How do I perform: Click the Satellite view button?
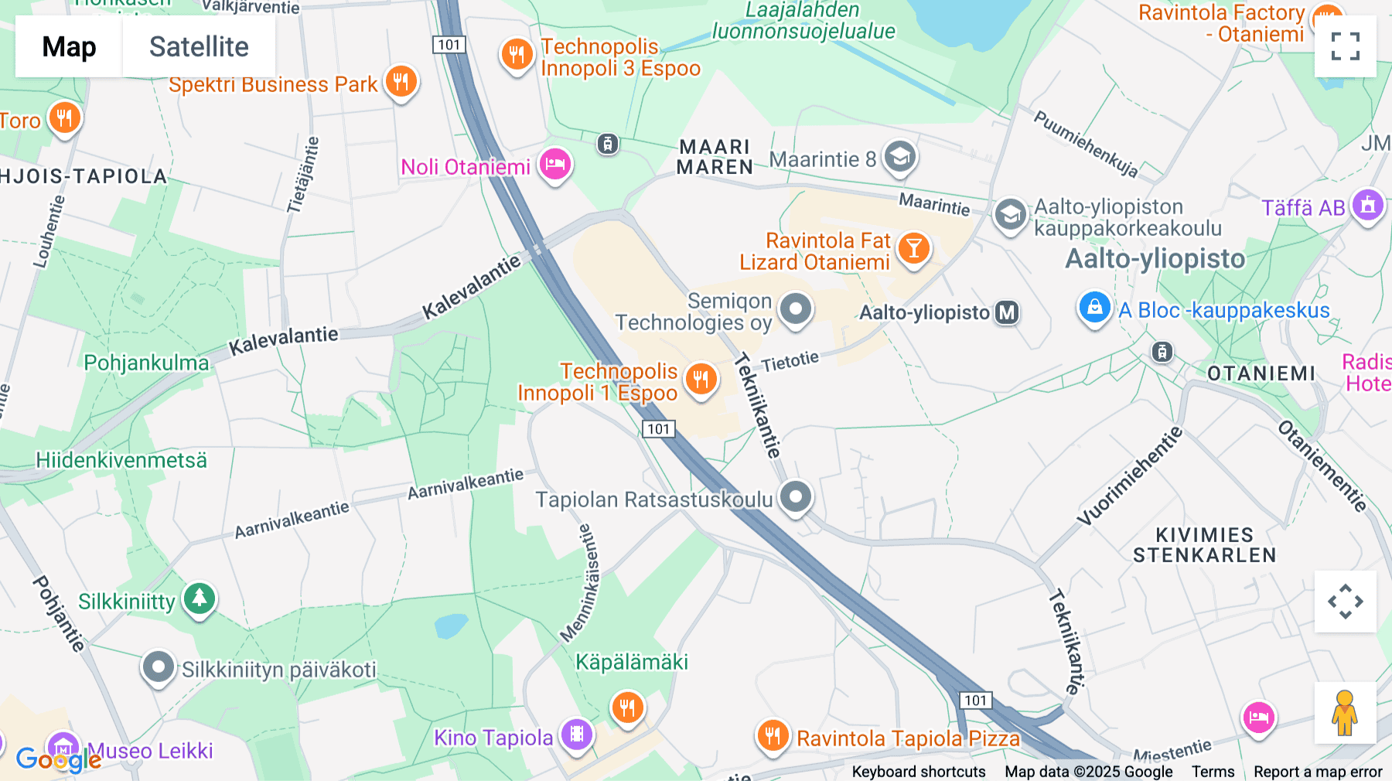(199, 46)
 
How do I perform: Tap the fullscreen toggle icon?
(1345, 46)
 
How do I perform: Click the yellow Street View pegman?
(1345, 713)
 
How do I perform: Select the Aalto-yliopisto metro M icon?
(1006, 312)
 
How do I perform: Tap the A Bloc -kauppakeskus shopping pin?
(1094, 308)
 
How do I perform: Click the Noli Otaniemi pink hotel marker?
(554, 164)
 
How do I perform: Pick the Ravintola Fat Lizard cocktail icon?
(913, 249)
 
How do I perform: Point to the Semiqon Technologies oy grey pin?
(795, 309)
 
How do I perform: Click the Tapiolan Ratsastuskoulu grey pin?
(795, 496)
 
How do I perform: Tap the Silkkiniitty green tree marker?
(200, 599)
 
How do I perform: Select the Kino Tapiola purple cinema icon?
(577, 734)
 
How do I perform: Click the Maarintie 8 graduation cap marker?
(899, 157)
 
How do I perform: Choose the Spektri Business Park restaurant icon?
(401, 81)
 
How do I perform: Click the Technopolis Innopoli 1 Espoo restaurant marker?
(701, 379)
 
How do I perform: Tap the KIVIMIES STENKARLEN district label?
(1204, 545)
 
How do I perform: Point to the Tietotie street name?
(790, 361)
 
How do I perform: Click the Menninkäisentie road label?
(581, 584)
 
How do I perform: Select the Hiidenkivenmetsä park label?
(121, 460)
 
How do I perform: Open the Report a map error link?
(1317, 771)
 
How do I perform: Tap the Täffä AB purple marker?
(1367, 206)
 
